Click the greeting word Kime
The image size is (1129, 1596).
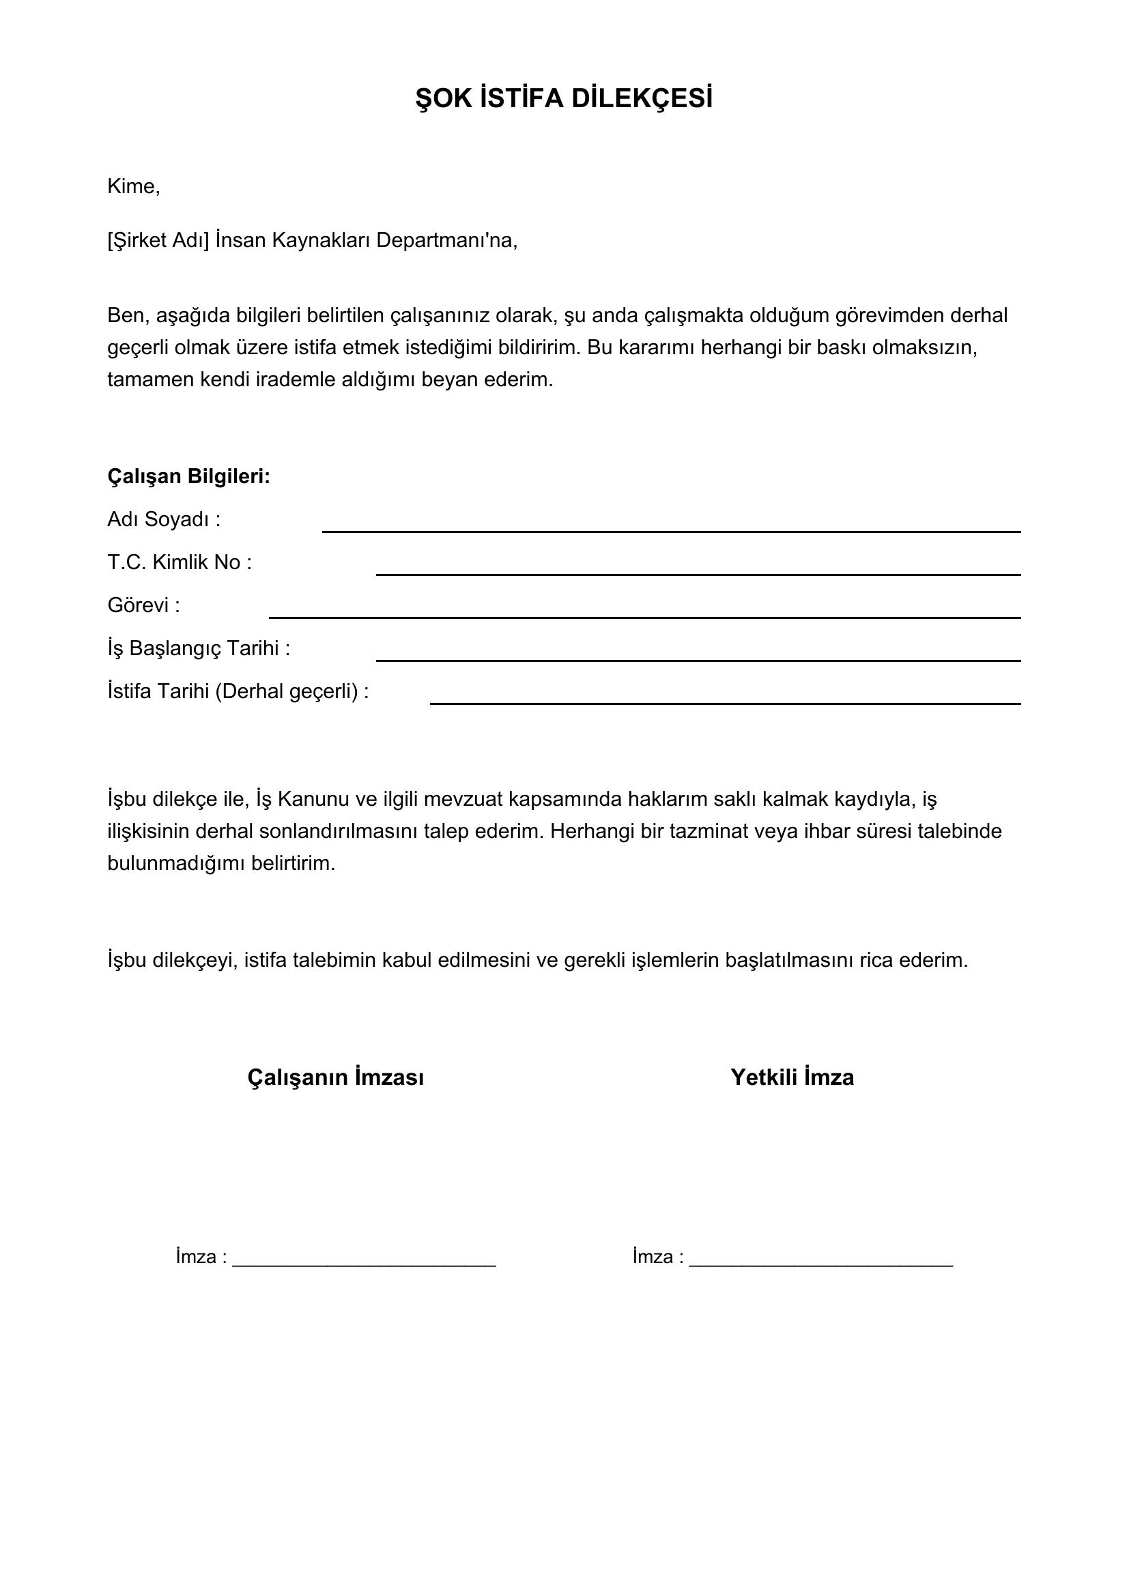point(133,186)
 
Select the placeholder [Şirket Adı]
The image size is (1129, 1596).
point(158,240)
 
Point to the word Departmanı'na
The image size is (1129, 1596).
point(447,240)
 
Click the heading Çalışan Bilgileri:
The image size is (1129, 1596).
point(188,476)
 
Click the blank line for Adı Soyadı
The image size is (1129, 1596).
point(671,530)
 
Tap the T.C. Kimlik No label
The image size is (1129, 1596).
point(180,562)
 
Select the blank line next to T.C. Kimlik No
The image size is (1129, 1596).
point(698,573)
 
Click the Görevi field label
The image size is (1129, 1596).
point(143,605)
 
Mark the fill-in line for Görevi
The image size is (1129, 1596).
point(644,617)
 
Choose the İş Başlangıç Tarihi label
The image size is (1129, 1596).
point(198,648)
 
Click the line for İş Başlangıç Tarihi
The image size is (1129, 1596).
point(698,660)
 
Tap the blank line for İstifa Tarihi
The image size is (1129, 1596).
point(725,703)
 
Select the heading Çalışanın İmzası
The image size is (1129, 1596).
point(336,1077)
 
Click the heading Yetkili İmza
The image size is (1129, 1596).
point(792,1077)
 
